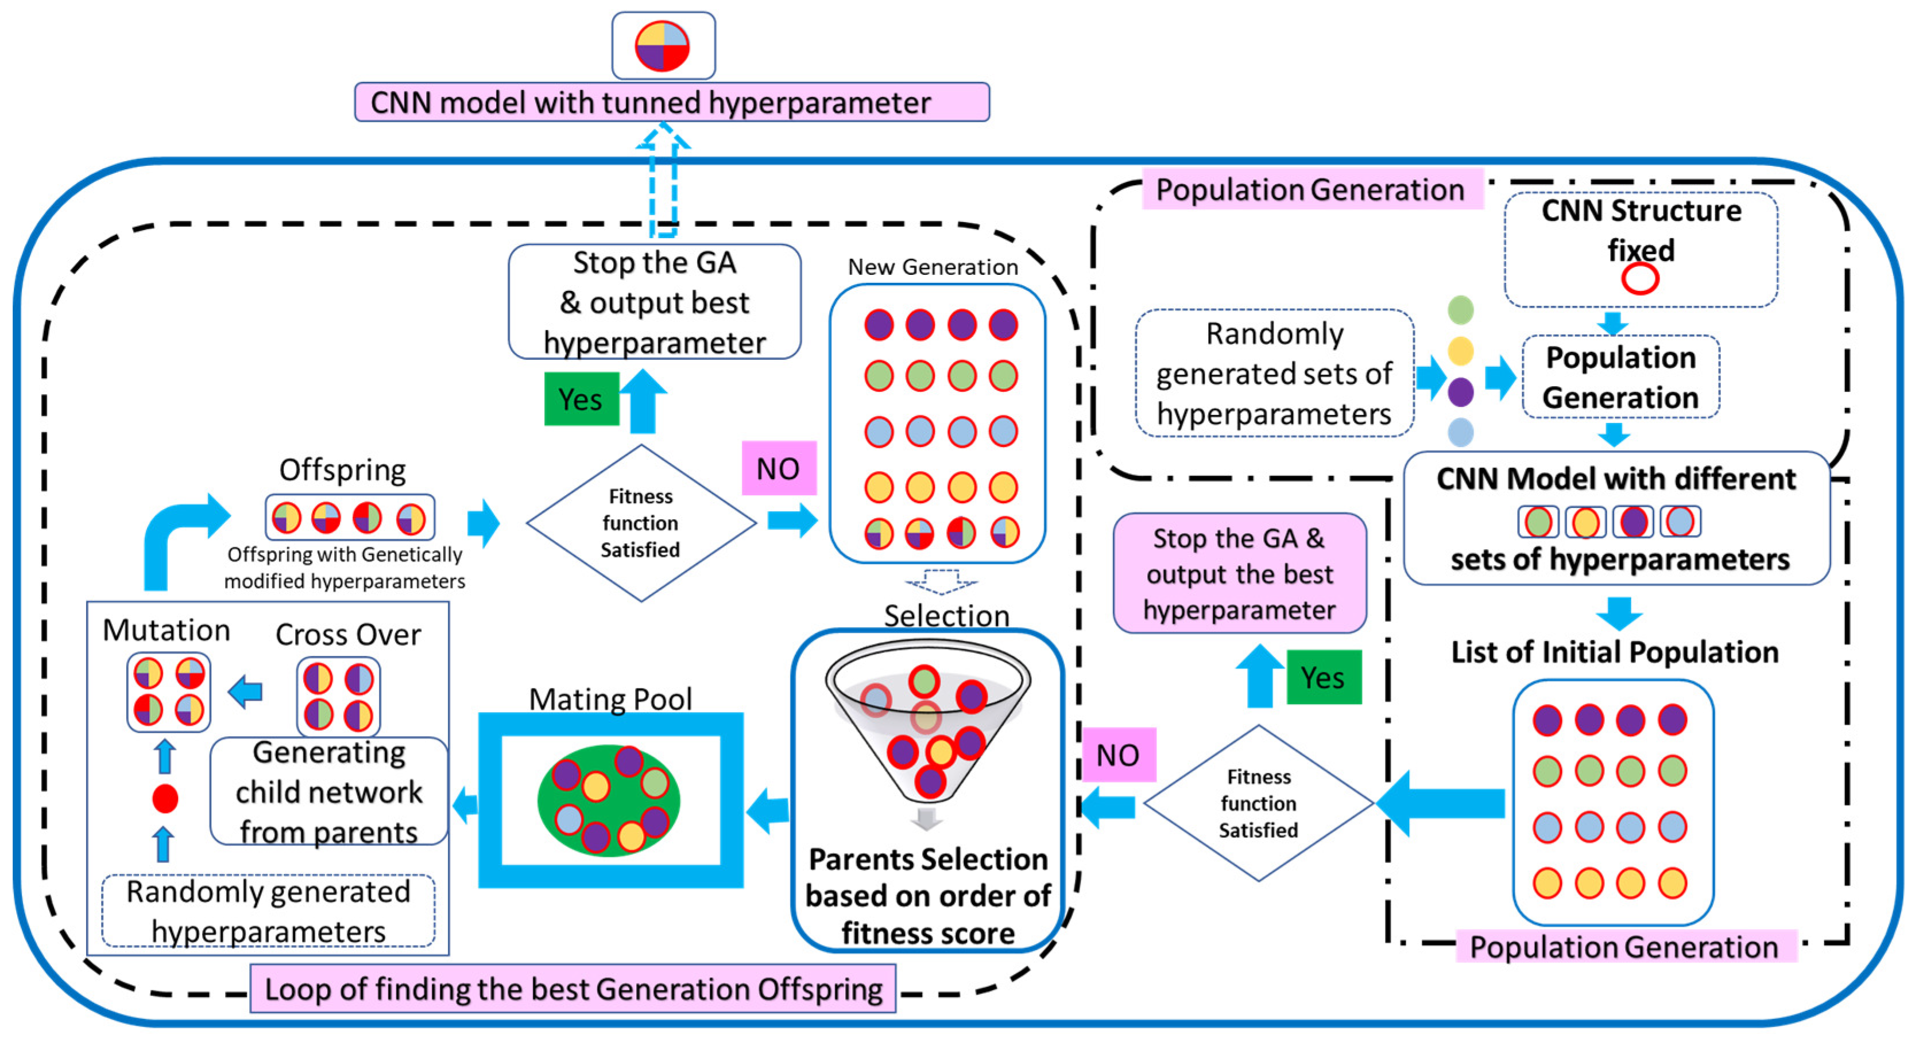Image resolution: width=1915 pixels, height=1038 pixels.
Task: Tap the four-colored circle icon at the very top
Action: pos(663,46)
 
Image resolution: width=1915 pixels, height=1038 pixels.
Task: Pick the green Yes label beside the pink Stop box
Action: pos(1323,678)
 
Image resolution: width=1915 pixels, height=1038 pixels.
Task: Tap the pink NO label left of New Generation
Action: pos(778,469)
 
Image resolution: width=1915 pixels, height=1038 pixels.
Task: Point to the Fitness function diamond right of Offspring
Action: pos(641,523)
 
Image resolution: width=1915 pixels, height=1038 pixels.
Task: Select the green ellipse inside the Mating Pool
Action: pos(608,800)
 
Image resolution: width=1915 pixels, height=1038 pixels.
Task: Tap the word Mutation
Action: pos(167,630)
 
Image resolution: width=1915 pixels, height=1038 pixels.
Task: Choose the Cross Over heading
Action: pos(348,635)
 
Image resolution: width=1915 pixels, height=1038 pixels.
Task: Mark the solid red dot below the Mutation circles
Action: pos(165,799)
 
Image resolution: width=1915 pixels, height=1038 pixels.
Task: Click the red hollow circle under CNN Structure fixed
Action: pos(1640,279)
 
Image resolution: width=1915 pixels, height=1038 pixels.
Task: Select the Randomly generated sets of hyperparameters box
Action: pos(1274,374)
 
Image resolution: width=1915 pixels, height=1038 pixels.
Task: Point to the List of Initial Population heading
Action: pos(1615,652)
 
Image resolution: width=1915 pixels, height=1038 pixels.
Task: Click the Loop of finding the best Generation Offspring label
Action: pos(572,989)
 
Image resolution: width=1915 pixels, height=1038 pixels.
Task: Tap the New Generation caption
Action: pos(933,267)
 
